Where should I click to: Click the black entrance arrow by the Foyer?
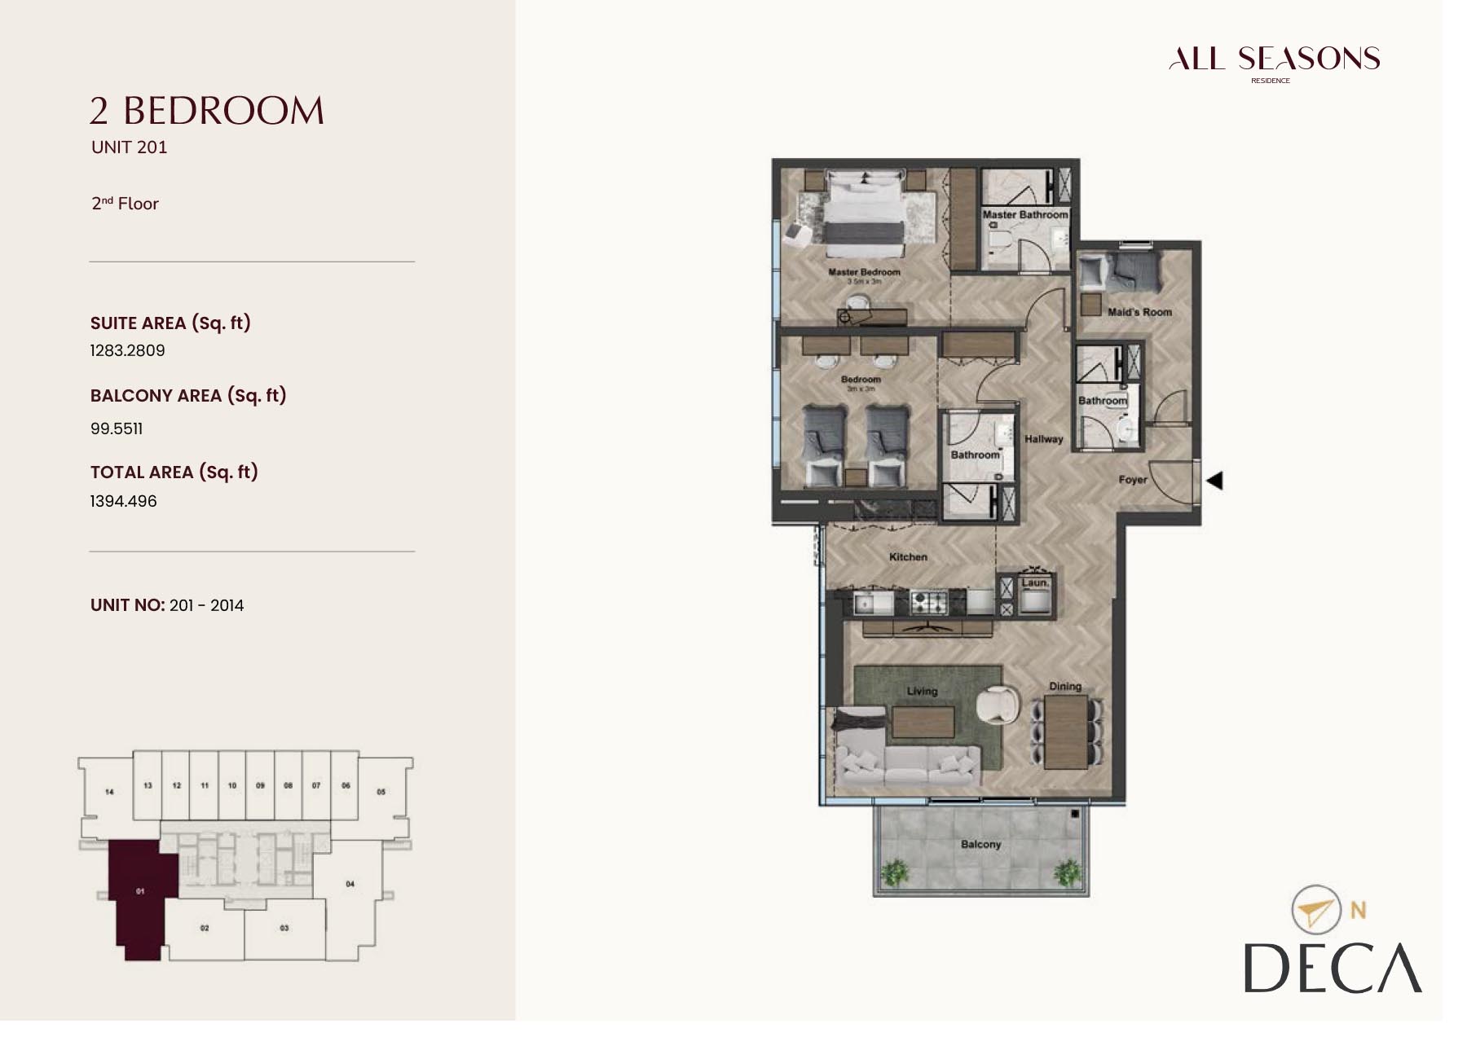click(x=1214, y=481)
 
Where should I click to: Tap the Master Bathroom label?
click(x=1024, y=215)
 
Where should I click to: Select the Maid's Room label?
click(x=1139, y=312)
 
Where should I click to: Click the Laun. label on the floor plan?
click(x=1035, y=583)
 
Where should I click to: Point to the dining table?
click(x=1066, y=732)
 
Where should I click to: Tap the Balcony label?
click(x=980, y=845)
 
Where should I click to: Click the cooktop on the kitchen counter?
click(x=928, y=603)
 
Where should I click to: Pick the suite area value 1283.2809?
click(x=127, y=351)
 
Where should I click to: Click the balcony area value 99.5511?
click(x=117, y=429)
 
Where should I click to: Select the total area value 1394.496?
click(x=123, y=502)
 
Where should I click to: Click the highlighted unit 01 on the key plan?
click(x=140, y=892)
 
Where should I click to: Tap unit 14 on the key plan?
click(x=109, y=791)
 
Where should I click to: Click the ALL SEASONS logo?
click(x=1273, y=59)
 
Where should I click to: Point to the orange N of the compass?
click(x=1358, y=910)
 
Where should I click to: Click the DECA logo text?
click(x=1332, y=969)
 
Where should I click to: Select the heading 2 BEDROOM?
click(x=207, y=112)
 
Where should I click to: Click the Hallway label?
click(x=1043, y=439)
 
